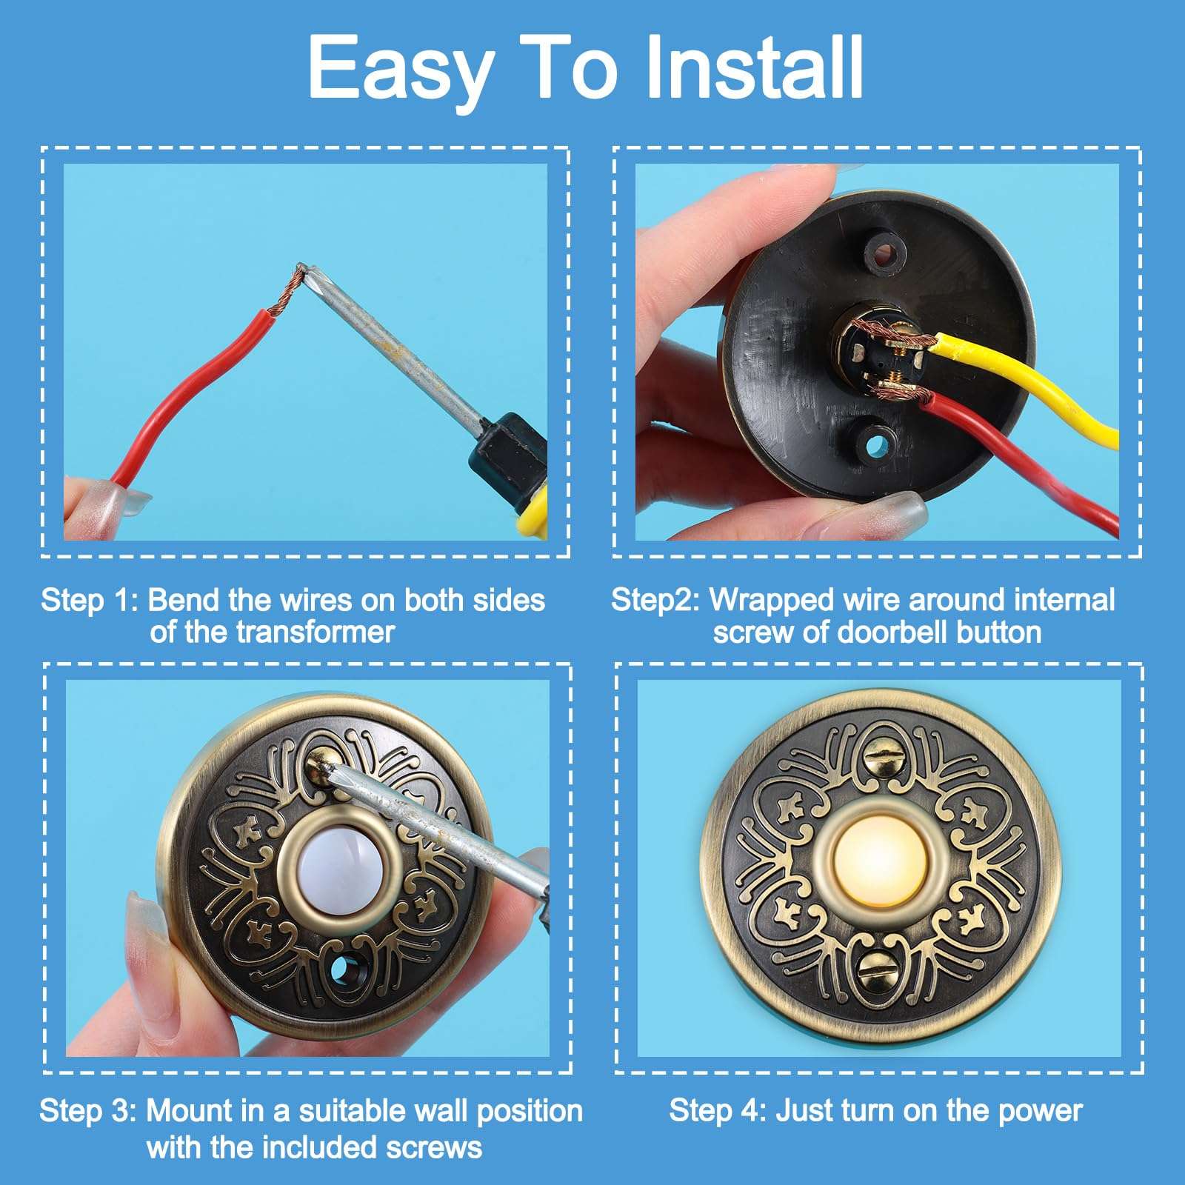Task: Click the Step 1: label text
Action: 89,600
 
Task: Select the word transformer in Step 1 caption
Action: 314,632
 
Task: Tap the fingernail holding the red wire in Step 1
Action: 104,498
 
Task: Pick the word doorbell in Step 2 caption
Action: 893,632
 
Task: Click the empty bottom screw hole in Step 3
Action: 344,967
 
